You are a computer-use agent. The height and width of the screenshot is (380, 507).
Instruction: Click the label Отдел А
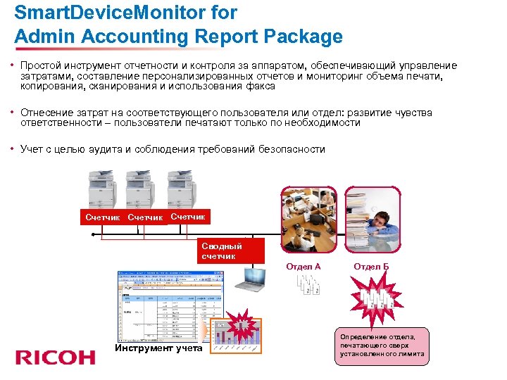[x=303, y=267]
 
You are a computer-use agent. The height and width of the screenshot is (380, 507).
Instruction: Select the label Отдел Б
[x=371, y=267]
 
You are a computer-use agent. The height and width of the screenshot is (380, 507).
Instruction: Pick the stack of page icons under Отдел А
[x=307, y=283]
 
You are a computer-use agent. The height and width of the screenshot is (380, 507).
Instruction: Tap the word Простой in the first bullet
[x=42, y=65]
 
